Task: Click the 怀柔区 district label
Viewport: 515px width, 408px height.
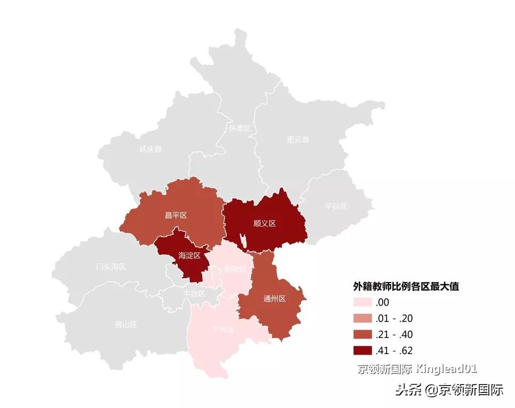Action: point(240,129)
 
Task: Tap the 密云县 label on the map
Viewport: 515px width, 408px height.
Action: point(298,140)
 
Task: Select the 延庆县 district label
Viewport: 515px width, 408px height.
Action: point(150,150)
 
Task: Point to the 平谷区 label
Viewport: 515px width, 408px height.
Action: point(336,206)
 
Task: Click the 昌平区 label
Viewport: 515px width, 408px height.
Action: point(176,215)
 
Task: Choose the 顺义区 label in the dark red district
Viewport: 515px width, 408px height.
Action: point(265,223)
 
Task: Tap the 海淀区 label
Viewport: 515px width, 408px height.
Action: point(189,256)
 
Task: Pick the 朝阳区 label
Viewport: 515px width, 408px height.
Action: point(235,269)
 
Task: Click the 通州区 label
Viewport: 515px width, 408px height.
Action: point(275,299)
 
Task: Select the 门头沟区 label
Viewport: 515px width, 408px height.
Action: point(111,266)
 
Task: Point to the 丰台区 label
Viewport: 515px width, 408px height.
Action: point(194,293)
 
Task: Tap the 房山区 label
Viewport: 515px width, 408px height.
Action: point(126,324)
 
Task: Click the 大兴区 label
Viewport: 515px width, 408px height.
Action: point(223,329)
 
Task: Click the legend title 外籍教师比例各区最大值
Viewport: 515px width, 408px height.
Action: point(406,286)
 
